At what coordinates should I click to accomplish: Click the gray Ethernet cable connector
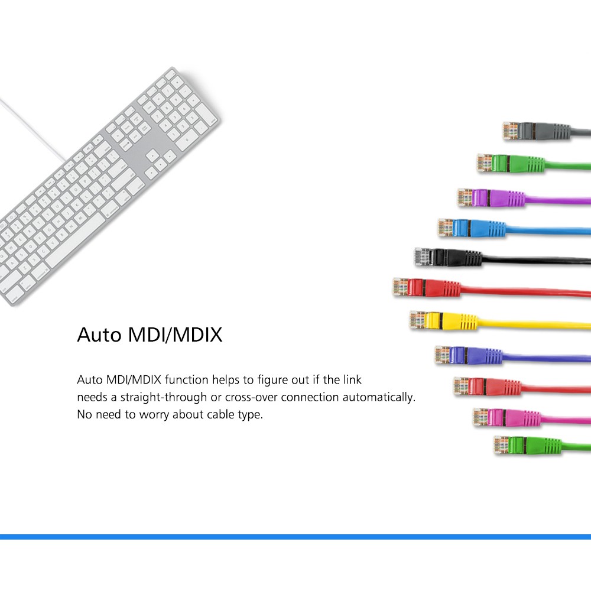point(537,131)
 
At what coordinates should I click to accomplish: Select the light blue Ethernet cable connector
point(472,228)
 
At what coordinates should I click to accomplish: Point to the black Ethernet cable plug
point(448,257)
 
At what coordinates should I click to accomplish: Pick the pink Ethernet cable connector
point(507,417)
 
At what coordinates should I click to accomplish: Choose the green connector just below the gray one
point(511,163)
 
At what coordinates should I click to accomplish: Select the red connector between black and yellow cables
point(427,288)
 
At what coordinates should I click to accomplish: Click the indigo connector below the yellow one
point(469,355)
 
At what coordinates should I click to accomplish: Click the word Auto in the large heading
point(99,335)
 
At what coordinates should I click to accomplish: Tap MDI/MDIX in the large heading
point(176,335)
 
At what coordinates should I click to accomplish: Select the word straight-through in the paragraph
point(164,397)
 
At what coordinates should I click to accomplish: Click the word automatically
point(379,397)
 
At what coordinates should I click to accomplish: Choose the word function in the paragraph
point(187,379)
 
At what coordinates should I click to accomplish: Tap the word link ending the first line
point(352,379)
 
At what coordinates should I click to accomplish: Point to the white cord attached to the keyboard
point(32,130)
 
